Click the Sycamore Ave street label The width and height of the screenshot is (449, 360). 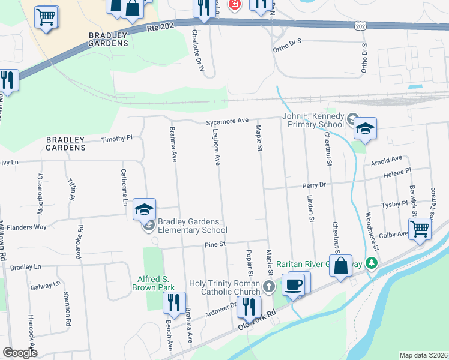point(227,121)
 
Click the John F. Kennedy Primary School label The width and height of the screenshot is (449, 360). point(314,120)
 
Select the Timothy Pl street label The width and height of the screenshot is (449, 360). point(116,139)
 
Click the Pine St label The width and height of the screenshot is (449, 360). point(214,244)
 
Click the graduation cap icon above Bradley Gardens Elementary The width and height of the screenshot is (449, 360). point(144,209)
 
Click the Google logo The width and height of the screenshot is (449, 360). point(20,353)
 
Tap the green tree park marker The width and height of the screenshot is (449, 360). point(372,263)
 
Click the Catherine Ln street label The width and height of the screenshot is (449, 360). point(124,190)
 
